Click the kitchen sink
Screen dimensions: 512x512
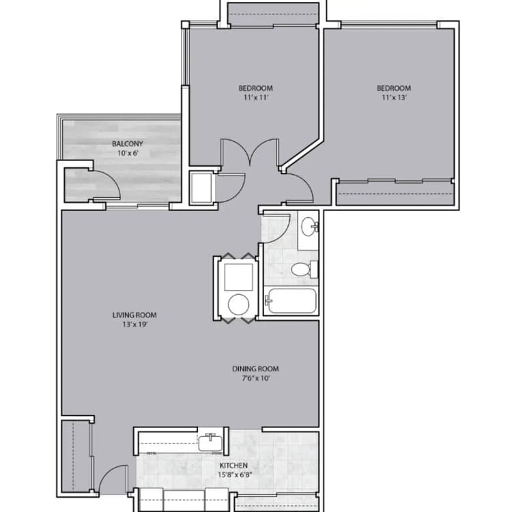[x=211, y=444]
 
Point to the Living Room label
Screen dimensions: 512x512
[x=134, y=315]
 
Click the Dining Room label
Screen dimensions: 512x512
[x=256, y=369]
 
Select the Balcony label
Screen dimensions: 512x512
[x=127, y=143]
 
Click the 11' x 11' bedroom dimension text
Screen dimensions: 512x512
[x=255, y=98]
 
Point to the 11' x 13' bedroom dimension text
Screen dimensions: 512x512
[x=395, y=98]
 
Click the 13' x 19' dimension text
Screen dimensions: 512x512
[x=134, y=324]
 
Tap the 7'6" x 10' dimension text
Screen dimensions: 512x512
[x=256, y=378]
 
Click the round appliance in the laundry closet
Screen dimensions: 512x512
[x=239, y=304]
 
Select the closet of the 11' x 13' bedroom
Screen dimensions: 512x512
[x=395, y=193]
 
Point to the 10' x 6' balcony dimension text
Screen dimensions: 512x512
[x=127, y=153]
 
